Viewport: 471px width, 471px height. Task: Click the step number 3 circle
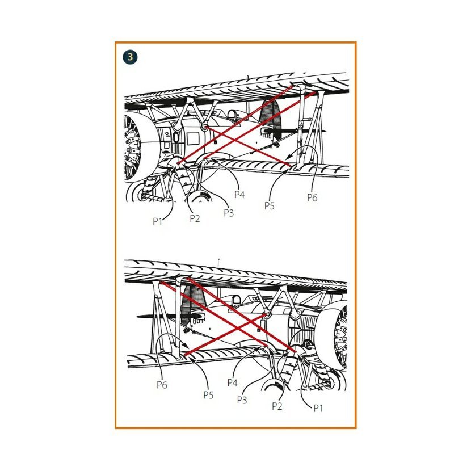pyautogui.click(x=130, y=57)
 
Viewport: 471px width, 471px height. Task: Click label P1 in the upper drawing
pyautogui.click(x=157, y=221)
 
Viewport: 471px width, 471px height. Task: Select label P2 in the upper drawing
pyautogui.click(x=195, y=218)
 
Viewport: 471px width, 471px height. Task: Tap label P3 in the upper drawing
pyautogui.click(x=229, y=213)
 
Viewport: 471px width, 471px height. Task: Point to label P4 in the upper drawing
pyautogui.click(x=239, y=195)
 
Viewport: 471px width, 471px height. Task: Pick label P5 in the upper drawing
pyautogui.click(x=270, y=206)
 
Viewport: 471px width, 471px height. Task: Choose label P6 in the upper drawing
pyautogui.click(x=312, y=197)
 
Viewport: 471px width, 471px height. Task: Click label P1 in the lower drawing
pyautogui.click(x=318, y=408)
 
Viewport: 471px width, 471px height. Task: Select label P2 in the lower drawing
pyautogui.click(x=277, y=406)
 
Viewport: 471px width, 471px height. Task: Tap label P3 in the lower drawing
pyautogui.click(x=242, y=400)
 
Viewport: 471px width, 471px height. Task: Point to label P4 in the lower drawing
pyautogui.click(x=233, y=382)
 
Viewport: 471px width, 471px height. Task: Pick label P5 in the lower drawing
pyautogui.click(x=208, y=395)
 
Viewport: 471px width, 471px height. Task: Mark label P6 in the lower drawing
pyautogui.click(x=162, y=385)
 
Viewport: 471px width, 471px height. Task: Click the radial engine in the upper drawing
pyautogui.click(x=132, y=147)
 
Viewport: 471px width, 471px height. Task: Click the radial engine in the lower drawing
pyautogui.click(x=340, y=335)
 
